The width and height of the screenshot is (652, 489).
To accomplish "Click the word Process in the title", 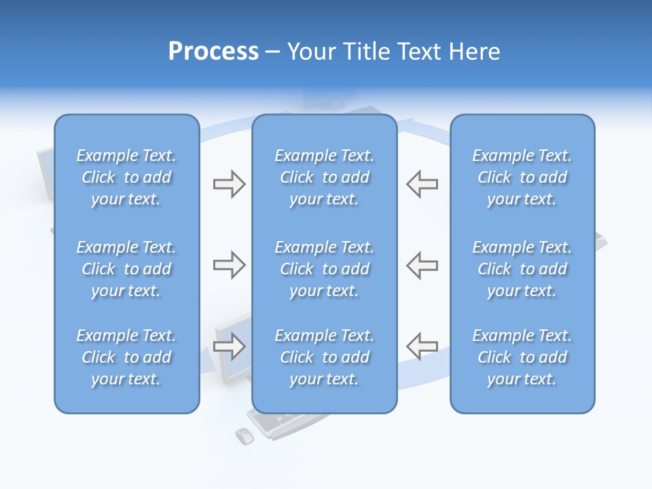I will tap(213, 52).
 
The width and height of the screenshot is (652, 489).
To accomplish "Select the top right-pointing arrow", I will tap(229, 184).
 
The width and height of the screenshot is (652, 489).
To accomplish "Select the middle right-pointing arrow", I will tap(229, 265).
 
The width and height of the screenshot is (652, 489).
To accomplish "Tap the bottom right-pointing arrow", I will tap(229, 346).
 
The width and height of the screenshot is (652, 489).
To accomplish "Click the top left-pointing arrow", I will tap(422, 184).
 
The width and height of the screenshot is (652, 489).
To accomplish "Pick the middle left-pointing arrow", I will tap(422, 265).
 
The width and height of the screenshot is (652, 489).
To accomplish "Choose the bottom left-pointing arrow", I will tap(422, 346).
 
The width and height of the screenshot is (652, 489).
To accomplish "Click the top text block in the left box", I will tap(126, 177).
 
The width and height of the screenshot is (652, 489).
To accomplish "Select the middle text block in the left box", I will tap(126, 269).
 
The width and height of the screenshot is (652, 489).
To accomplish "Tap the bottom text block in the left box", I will tap(126, 357).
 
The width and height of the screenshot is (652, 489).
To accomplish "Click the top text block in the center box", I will tap(324, 177).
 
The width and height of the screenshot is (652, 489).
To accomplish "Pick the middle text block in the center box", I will tap(324, 269).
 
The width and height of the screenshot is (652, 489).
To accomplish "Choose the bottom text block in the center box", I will tap(324, 357).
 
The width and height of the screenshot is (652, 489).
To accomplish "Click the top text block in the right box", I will tap(522, 177).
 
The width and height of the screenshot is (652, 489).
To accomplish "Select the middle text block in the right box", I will tap(522, 269).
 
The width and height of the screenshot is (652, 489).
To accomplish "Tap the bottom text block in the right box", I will tap(522, 357).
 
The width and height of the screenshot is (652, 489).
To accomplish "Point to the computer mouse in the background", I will tap(244, 436).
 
